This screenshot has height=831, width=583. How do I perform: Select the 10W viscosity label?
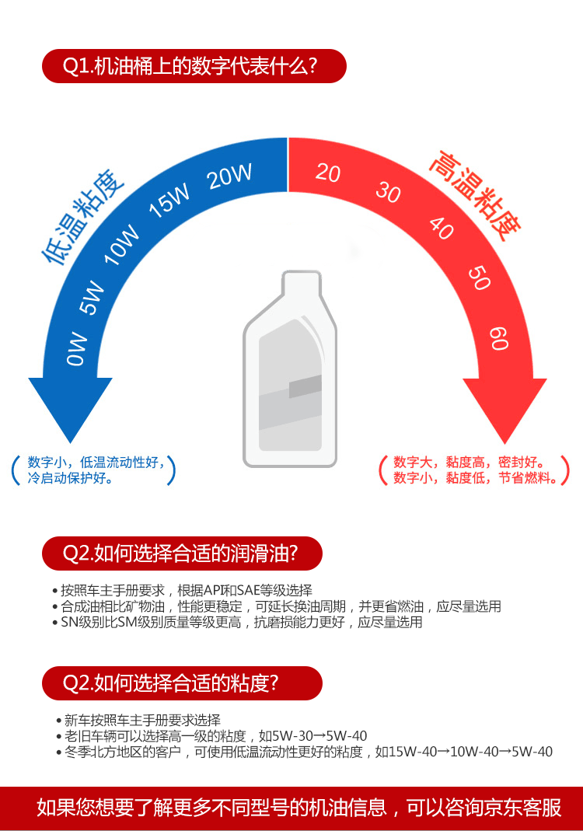pyautogui.click(x=122, y=244)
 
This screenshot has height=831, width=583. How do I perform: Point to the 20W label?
pyautogui.click(x=230, y=176)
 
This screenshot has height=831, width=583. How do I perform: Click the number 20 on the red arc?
pyautogui.click(x=328, y=173)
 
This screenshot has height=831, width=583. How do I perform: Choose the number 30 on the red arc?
pyautogui.click(x=388, y=191)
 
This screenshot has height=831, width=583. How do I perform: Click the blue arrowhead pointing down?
pyautogui.click(x=71, y=408)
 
